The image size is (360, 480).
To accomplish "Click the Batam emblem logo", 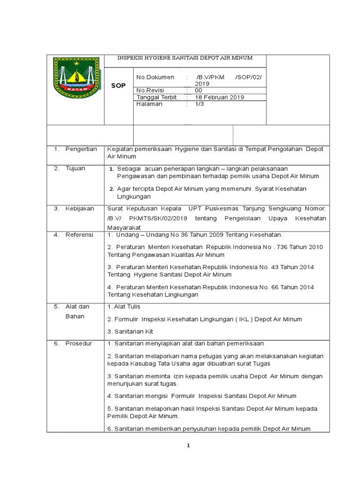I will [x=76, y=78].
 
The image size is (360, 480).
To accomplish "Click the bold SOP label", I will [x=118, y=86].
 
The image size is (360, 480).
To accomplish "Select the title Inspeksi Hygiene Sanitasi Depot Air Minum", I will [x=185, y=58].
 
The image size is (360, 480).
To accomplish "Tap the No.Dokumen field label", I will [x=155, y=77].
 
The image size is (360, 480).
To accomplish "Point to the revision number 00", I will [x=199, y=90].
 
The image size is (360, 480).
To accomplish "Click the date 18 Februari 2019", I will [x=219, y=97].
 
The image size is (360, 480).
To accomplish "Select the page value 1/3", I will [x=200, y=104].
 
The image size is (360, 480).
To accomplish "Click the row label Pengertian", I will [x=81, y=149].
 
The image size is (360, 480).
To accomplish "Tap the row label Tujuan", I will [x=75, y=168].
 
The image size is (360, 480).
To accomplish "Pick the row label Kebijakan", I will [x=80, y=208].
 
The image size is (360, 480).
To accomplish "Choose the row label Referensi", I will [x=79, y=235].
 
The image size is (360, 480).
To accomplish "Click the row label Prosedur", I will [x=79, y=344].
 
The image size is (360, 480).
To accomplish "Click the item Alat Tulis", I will [x=124, y=307].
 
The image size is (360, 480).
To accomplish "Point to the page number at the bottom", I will [x=188, y=446].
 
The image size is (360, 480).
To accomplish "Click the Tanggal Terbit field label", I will [x=157, y=97].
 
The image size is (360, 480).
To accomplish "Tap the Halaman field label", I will [x=149, y=104].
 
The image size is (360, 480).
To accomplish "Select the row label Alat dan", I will [x=77, y=307].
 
